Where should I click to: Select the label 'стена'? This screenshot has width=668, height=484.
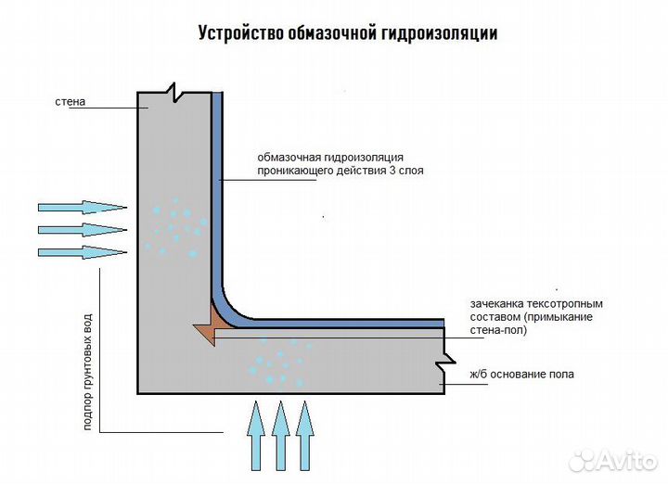coord(71,102)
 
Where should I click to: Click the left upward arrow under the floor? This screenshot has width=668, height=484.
coord(256,436)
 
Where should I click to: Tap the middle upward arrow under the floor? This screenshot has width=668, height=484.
coord(281,436)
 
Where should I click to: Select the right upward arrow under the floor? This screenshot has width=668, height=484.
coord(304,436)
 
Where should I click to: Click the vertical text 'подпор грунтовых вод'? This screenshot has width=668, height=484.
coord(88,371)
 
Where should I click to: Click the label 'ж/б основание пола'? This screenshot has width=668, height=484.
coord(522,375)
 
